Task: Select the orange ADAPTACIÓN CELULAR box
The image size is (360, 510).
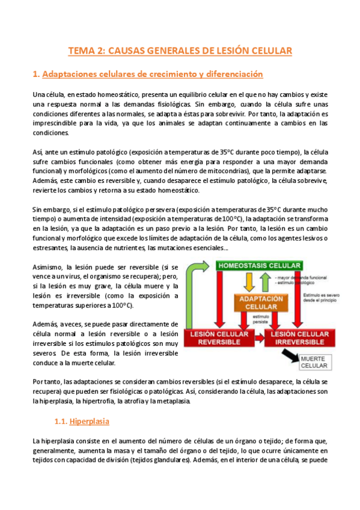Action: coord(261,303)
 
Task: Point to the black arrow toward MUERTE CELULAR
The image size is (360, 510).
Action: coord(290,357)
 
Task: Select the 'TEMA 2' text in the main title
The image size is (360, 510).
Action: coord(86,52)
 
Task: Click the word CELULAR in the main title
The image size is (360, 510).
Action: coord(268,52)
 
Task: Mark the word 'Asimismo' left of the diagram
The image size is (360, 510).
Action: coord(48,267)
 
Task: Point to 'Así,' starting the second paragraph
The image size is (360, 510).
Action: coord(38,152)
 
